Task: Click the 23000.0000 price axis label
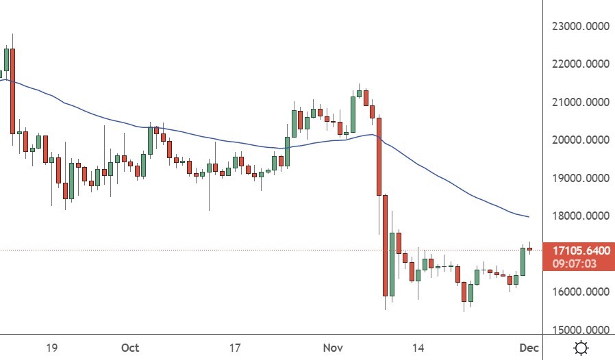coord(580,27)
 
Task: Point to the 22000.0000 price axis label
coord(580,64)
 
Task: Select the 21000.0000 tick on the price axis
coord(580,103)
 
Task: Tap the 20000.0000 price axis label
coord(580,140)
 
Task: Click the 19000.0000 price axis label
coord(580,178)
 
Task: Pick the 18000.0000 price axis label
coord(580,216)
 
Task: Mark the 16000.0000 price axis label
coord(580,292)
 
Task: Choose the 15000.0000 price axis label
coord(580,330)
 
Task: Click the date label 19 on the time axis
coord(51,348)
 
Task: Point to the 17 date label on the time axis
coord(235,348)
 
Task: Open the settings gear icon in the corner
coord(581,348)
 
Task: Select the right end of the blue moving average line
coord(528,217)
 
